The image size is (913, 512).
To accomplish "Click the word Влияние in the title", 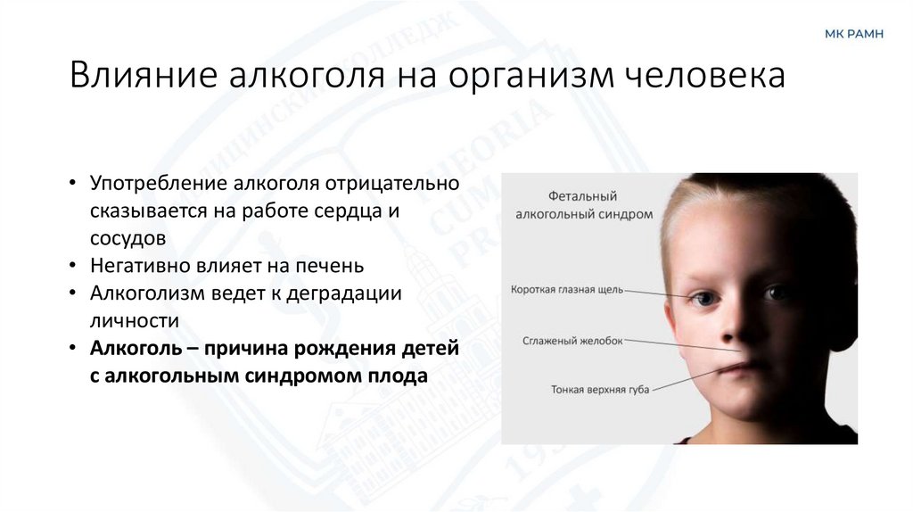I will coord(144,75).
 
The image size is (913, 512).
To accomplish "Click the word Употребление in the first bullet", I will coord(159,183).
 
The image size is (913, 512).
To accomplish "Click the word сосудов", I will coord(127,238).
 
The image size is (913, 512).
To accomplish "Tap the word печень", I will coord(324,266).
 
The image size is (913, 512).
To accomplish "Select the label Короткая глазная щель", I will coord(567,289).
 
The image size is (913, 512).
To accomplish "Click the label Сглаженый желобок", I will coord(573,341).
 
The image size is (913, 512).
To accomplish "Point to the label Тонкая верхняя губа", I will coord(599,390).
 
